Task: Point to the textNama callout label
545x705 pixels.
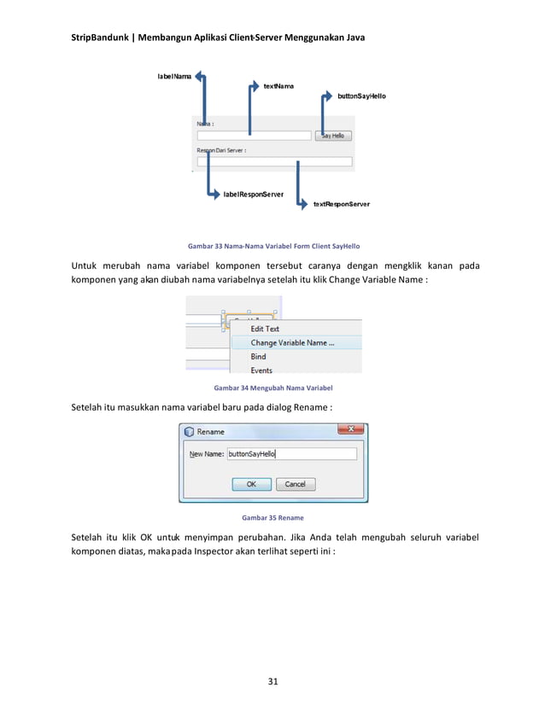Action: (278, 87)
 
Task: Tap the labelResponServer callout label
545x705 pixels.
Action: (254, 195)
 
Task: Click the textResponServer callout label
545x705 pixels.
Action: (341, 205)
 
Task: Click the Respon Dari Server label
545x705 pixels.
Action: (221, 149)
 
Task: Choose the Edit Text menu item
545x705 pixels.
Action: (265, 329)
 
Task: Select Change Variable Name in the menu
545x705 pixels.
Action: (292, 343)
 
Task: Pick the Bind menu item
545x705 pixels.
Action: (258, 357)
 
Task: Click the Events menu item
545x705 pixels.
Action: (261, 370)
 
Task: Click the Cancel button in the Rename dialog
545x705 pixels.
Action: (295, 484)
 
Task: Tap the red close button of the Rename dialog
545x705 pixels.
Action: (351, 431)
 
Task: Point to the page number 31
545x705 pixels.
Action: (273, 681)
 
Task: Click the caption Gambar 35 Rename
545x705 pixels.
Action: (272, 517)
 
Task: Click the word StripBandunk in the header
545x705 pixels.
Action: (99, 38)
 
